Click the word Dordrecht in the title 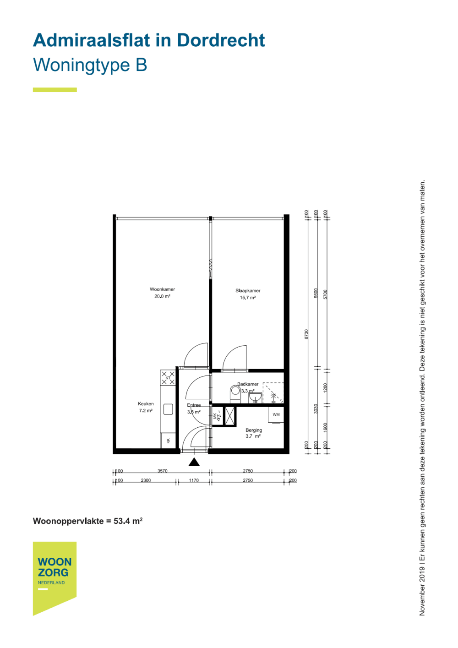pyautogui.click(x=221, y=40)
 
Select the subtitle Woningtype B pyautogui.click(x=90, y=65)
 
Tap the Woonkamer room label pyautogui.click(x=162, y=289)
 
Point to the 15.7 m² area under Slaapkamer pyautogui.click(x=248, y=298)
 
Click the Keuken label pyautogui.click(x=146, y=404)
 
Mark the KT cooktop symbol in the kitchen pyautogui.click(x=168, y=378)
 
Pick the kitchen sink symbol pyautogui.click(x=168, y=409)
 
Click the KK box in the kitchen pyautogui.click(x=168, y=441)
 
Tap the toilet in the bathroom pyautogui.click(x=235, y=392)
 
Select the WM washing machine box pyautogui.click(x=276, y=414)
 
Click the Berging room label pyautogui.click(x=254, y=430)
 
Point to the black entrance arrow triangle pyautogui.click(x=194, y=462)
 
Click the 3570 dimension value pyautogui.click(x=163, y=471)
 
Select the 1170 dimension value pyautogui.click(x=194, y=480)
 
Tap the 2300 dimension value pyautogui.click(x=146, y=480)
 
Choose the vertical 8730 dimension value pyautogui.click(x=307, y=334)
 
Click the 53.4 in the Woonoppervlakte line pyautogui.click(x=121, y=521)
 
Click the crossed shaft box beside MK pyautogui.click(x=230, y=416)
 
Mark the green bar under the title pyautogui.click(x=55, y=90)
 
